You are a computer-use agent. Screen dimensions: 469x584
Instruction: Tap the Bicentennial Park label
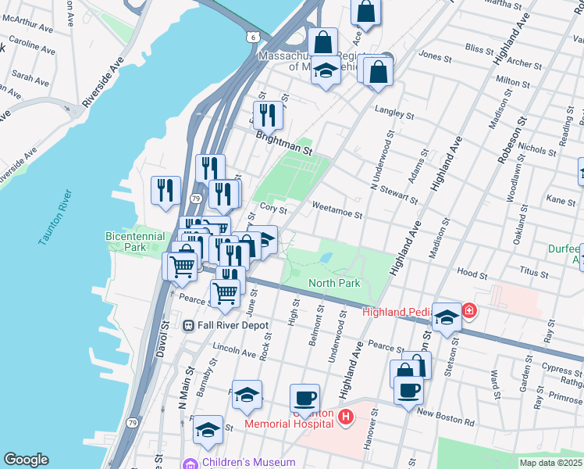pyautogui.click(x=135, y=242)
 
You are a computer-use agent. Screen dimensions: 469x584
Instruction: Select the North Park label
pyautogui.click(x=334, y=283)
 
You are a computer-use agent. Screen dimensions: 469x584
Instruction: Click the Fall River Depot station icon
pyautogui.click(x=188, y=325)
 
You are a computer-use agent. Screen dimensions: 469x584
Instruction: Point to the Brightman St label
pyautogui.click(x=284, y=141)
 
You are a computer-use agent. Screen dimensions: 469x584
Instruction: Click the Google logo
pyautogui.click(x=26, y=460)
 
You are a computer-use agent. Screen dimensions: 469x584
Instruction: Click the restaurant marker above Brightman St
pyautogui.click(x=268, y=116)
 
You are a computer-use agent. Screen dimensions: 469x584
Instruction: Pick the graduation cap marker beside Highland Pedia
pyautogui.click(x=447, y=317)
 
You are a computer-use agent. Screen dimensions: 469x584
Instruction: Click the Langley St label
pyautogui.click(x=394, y=114)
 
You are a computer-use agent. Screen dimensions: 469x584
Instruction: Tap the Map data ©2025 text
pyautogui.click(x=550, y=463)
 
